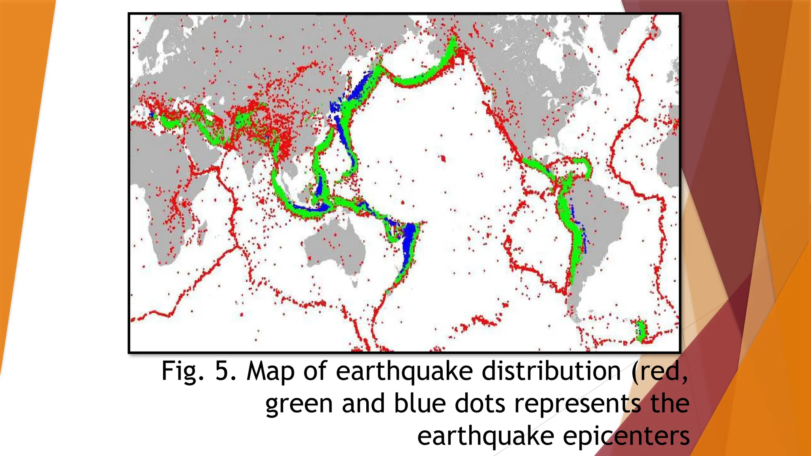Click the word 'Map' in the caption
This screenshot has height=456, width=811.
click(x=270, y=371)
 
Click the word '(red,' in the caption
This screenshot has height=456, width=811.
click(x=659, y=371)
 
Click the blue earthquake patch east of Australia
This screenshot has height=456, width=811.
click(x=408, y=241)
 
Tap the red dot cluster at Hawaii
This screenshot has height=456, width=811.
click(x=442, y=159)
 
